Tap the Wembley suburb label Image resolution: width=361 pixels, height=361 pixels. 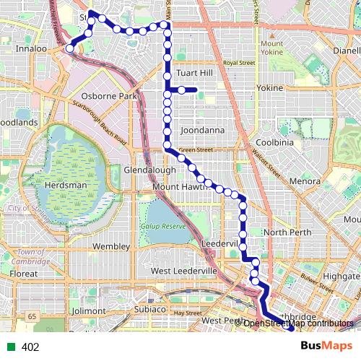click(110, 246)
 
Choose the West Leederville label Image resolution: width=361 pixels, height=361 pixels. click(184, 270)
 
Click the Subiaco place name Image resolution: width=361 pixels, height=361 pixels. click(150, 309)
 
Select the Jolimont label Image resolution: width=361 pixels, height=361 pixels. click(89, 310)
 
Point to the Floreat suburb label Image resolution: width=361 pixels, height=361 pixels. click(24, 274)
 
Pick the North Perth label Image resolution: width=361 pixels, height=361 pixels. click(287, 232)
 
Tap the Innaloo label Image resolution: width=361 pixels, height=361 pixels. click(31, 49)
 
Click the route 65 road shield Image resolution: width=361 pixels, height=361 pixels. click(33, 316)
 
